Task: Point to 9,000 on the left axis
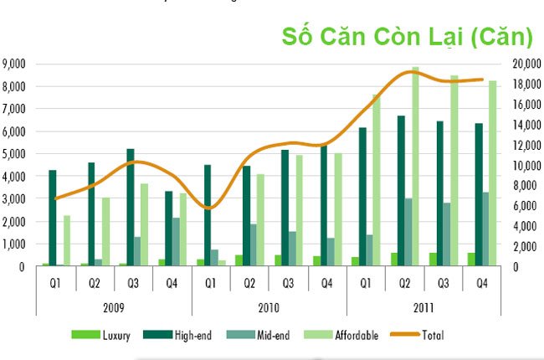click(15, 64)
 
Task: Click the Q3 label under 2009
click(133, 282)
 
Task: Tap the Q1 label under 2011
click(367, 282)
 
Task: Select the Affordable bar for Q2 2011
click(415, 167)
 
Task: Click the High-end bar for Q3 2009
click(131, 208)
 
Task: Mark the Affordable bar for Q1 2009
click(66, 241)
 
